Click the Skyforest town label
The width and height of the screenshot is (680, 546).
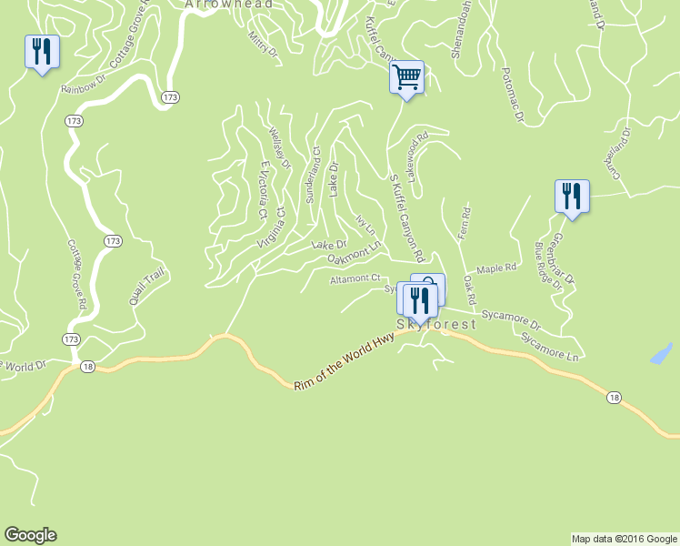pos(436,325)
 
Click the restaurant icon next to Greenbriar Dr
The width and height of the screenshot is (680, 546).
pos(572,196)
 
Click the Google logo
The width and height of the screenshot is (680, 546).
pos(30,535)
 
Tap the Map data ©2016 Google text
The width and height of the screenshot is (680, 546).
pos(625,539)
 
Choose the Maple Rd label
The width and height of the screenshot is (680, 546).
pos(496,269)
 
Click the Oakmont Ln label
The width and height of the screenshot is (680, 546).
pos(353,258)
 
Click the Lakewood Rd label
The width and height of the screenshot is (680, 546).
pos(418,157)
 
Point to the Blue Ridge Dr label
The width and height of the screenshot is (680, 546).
pos(549,262)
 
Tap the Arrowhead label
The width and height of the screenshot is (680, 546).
pos(216,5)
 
